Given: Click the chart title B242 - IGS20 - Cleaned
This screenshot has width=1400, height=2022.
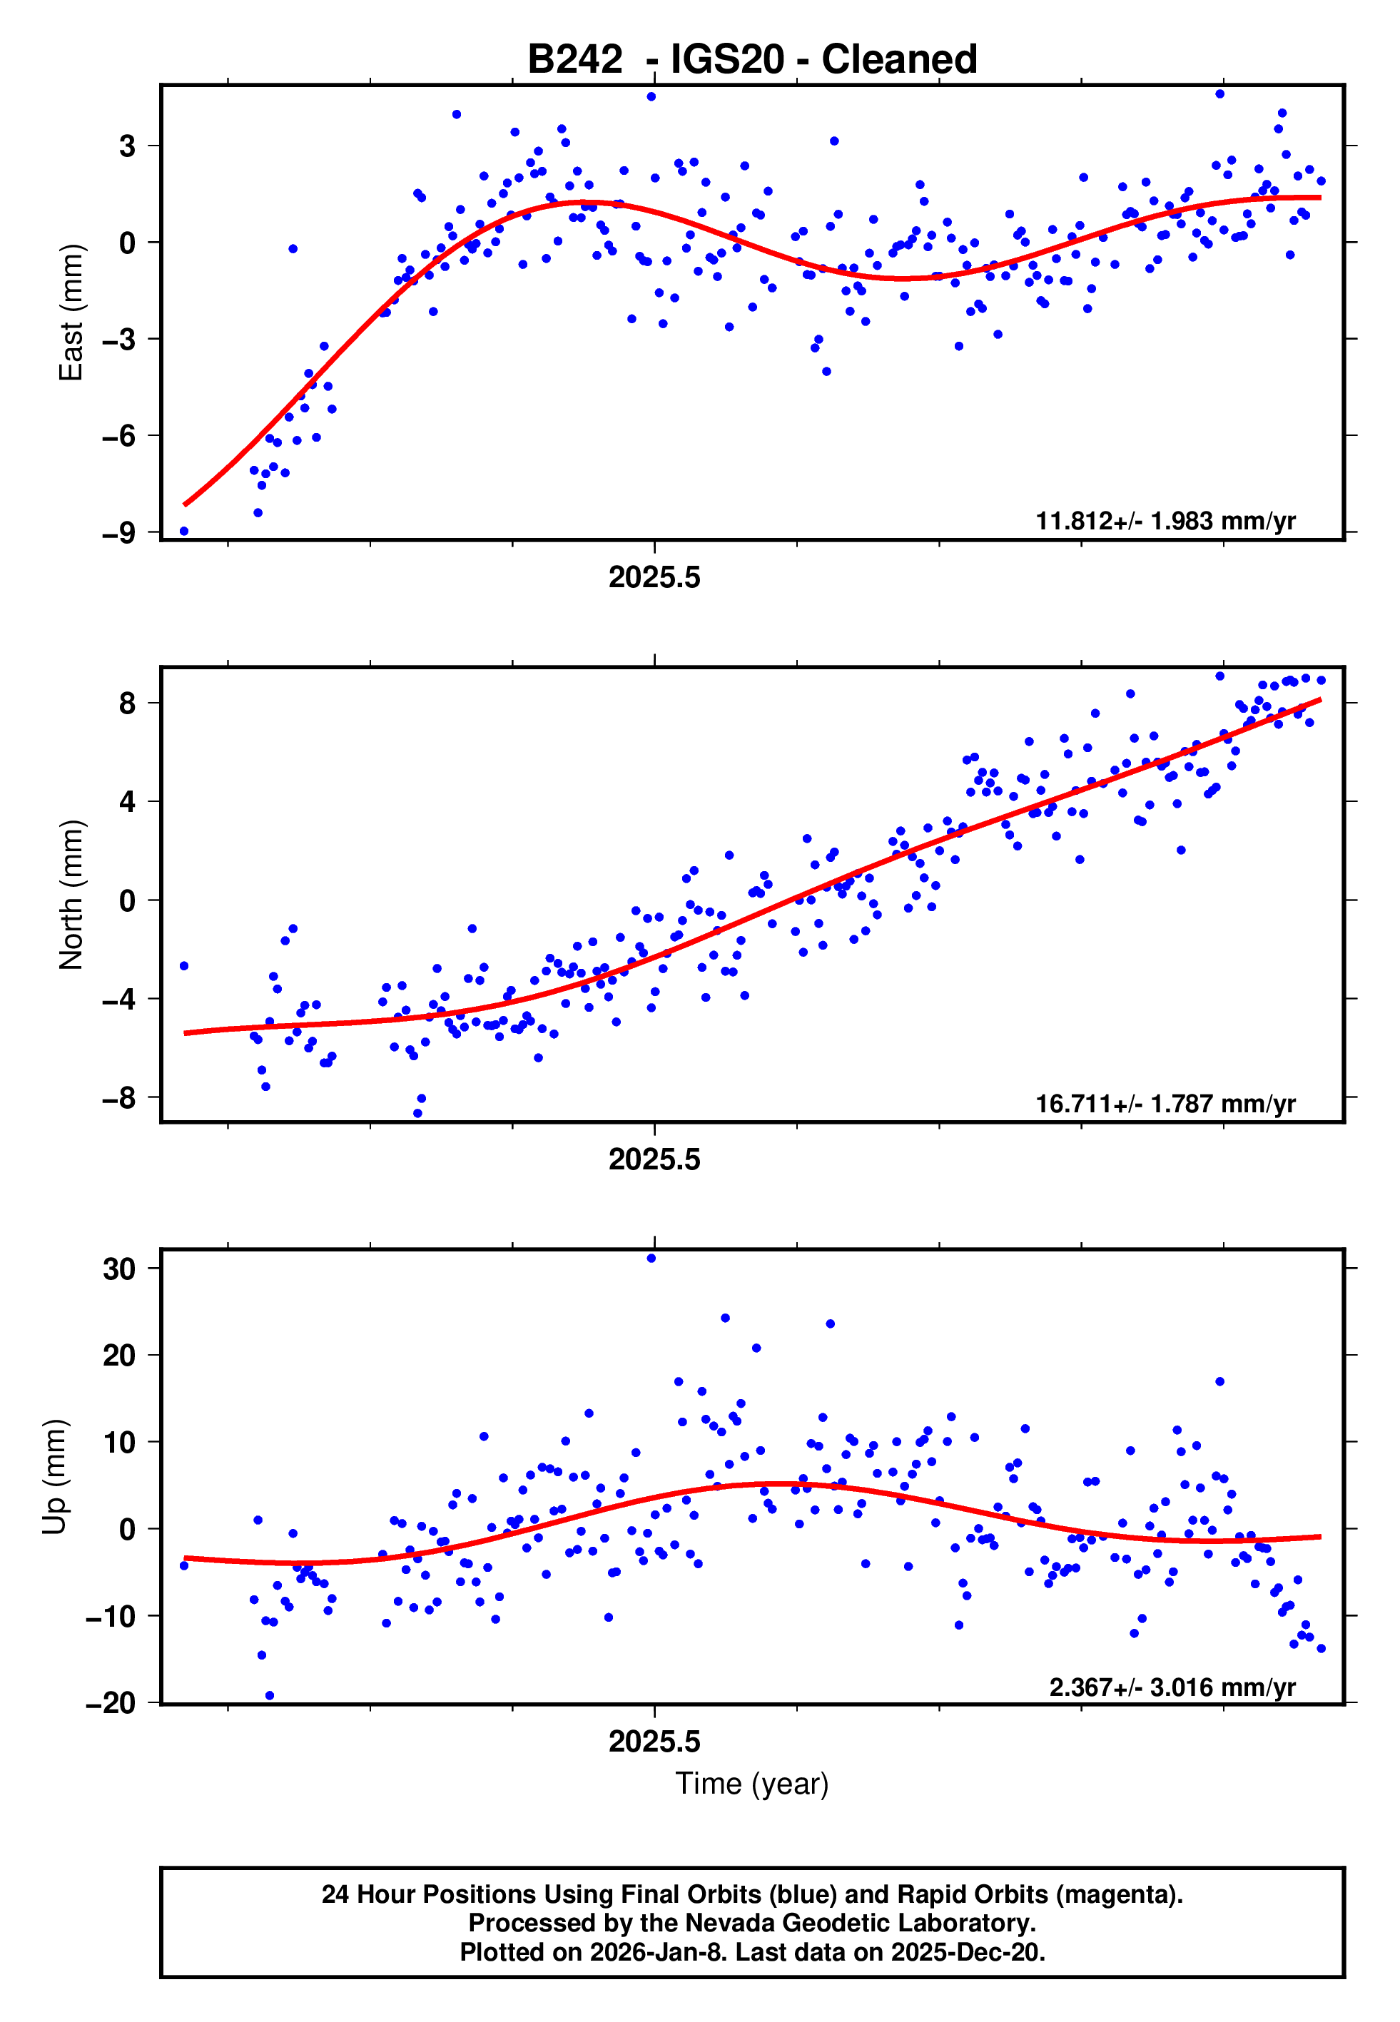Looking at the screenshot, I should pyautogui.click(x=752, y=60).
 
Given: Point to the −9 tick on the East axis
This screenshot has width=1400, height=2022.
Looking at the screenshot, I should pyautogui.click(x=118, y=532).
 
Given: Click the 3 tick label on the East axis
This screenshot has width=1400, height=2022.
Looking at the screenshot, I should pyautogui.click(x=128, y=146).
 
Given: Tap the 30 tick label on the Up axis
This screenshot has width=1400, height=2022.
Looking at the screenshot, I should pyautogui.click(x=119, y=1269).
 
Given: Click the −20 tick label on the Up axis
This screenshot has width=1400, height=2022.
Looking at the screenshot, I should pyautogui.click(x=111, y=1703).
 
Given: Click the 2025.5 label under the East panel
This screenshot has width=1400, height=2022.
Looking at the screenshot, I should pyautogui.click(x=654, y=578).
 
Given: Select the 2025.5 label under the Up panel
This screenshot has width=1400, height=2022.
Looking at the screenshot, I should pyautogui.click(x=654, y=1742).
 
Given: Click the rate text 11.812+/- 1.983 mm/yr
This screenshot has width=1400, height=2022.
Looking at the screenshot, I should pyautogui.click(x=1165, y=521).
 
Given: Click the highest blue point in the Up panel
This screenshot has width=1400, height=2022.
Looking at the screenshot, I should pyautogui.click(x=651, y=1259).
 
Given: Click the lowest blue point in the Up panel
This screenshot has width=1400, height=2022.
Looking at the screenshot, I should pyautogui.click(x=269, y=1695).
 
